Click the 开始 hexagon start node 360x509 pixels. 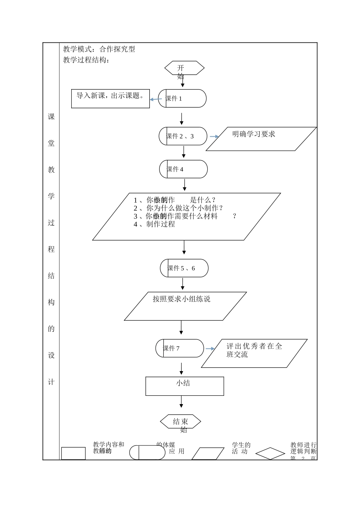[184, 68]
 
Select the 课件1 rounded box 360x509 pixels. [182, 98]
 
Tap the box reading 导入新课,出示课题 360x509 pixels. [110, 98]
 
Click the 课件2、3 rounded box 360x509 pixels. [183, 136]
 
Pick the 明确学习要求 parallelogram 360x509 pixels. [261, 139]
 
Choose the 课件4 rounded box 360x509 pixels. [183, 169]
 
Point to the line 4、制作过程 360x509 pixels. [155, 224]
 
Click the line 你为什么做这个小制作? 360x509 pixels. [178, 208]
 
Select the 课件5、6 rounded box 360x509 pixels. [184, 268]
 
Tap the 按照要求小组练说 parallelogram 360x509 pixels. [185, 306]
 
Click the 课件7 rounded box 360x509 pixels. [180, 348]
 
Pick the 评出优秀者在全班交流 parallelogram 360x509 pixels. [254, 353]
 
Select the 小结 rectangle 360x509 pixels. [185, 386]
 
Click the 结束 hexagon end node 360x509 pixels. [180, 422]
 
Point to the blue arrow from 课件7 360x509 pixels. [210, 349]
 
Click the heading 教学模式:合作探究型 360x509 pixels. [99, 49]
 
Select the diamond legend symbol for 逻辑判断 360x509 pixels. [270, 453]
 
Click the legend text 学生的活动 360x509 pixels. [241, 448]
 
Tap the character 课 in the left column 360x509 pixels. [51, 117]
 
